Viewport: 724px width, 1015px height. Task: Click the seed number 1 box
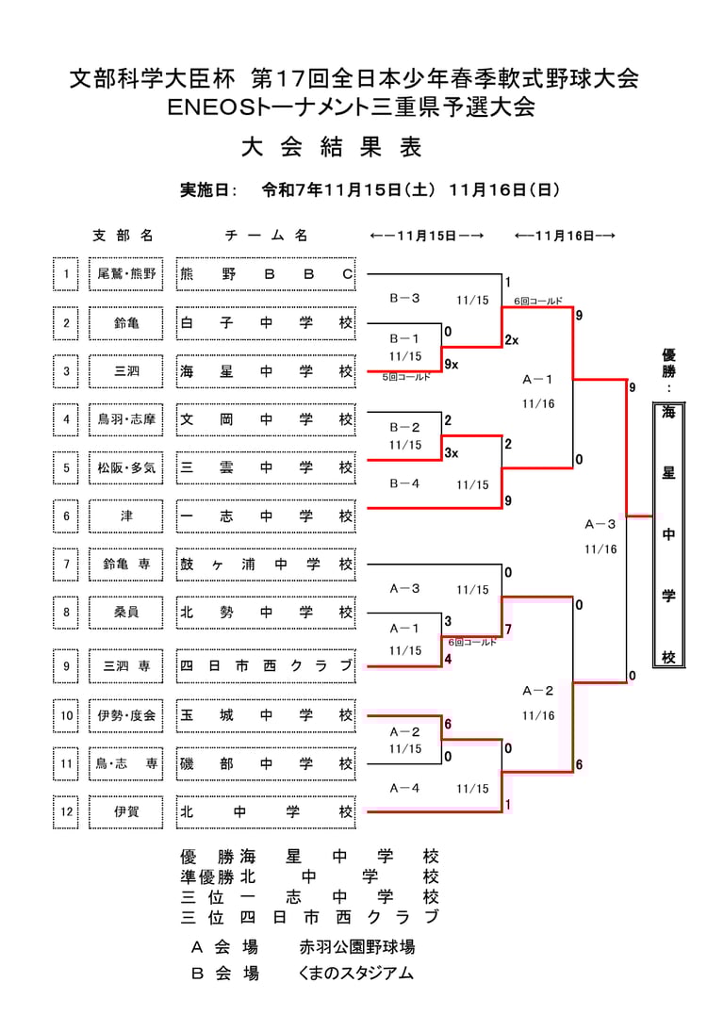pyautogui.click(x=66, y=274)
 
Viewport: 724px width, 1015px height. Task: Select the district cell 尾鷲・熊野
pyautogui.click(x=126, y=274)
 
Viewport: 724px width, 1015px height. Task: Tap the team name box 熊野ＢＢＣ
pyautogui.click(x=266, y=274)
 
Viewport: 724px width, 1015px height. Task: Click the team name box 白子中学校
pyautogui.click(x=266, y=323)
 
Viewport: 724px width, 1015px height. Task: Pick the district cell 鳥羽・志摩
pyautogui.click(x=126, y=419)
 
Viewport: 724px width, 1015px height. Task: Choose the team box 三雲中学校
pyautogui.click(x=266, y=467)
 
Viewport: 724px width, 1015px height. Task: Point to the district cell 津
pyautogui.click(x=126, y=516)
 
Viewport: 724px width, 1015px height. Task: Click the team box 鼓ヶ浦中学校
pyautogui.click(x=266, y=565)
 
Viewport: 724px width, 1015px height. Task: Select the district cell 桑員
pyautogui.click(x=126, y=613)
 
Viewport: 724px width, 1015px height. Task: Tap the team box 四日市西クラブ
pyautogui.click(x=266, y=666)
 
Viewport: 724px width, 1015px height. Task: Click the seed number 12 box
pyautogui.click(x=66, y=810)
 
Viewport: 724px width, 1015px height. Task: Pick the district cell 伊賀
pyautogui.click(x=126, y=810)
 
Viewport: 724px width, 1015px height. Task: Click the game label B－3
pyautogui.click(x=404, y=298)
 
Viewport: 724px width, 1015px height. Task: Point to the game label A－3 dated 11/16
pyautogui.click(x=601, y=524)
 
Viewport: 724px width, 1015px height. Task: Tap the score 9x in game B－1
pyautogui.click(x=451, y=364)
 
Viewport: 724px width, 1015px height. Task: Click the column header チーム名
pyautogui.click(x=266, y=236)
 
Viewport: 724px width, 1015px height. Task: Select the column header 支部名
pyautogui.click(x=123, y=236)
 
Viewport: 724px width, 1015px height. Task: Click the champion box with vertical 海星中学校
pyautogui.click(x=668, y=534)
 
